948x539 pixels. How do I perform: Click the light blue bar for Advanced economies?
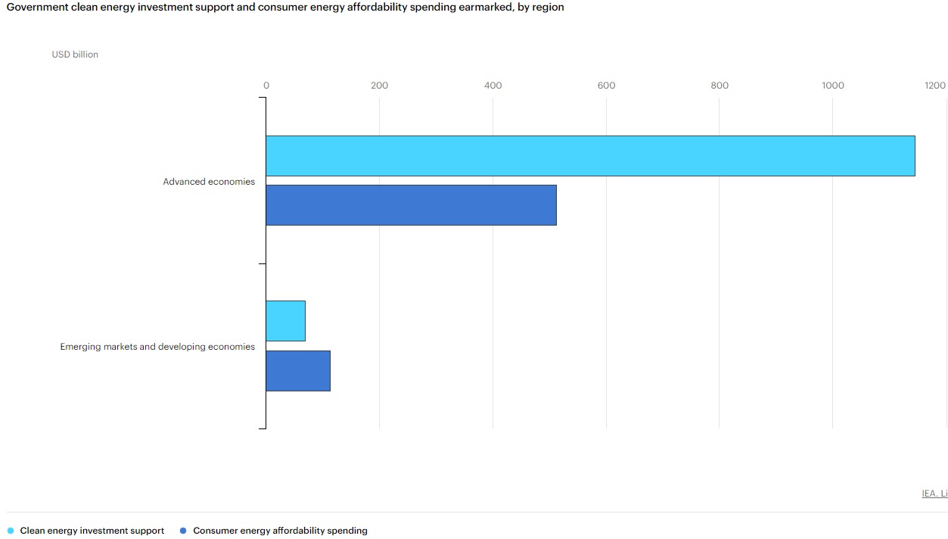(x=590, y=156)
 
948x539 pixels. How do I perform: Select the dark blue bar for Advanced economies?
(x=411, y=205)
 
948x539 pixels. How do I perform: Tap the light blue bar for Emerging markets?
(x=285, y=321)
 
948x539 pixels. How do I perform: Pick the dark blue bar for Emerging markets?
(x=298, y=370)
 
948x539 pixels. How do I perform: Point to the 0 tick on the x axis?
(x=266, y=86)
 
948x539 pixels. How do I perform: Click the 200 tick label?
(x=379, y=86)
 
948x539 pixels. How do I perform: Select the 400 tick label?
(x=493, y=86)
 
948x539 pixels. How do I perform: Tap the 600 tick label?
(x=606, y=86)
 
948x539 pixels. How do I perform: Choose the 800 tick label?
(x=720, y=86)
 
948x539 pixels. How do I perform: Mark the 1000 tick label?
(x=832, y=86)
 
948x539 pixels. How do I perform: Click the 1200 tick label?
(x=934, y=86)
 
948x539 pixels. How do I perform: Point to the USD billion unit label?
(x=75, y=55)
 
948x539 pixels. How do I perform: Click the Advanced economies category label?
(x=209, y=182)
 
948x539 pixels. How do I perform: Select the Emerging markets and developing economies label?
(x=157, y=347)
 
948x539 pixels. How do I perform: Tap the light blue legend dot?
(x=11, y=531)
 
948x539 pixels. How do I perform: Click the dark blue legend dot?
(x=183, y=531)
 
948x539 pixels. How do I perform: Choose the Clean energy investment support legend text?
(x=92, y=531)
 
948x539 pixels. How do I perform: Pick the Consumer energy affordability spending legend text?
(x=280, y=531)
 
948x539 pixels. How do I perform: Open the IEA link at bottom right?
(x=934, y=494)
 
